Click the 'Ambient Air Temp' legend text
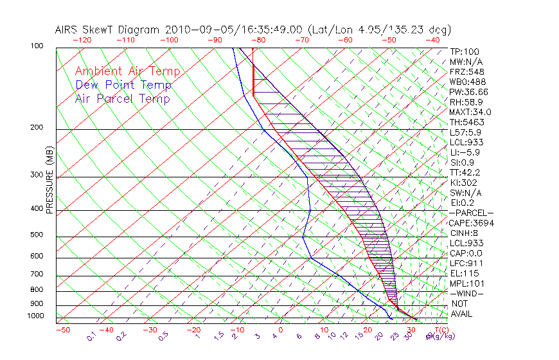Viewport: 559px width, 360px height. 127,71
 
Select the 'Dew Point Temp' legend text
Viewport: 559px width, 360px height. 123,85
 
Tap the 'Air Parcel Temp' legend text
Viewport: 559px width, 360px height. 123,98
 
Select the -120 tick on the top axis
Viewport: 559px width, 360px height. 81,40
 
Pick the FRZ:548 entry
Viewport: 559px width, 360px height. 465,72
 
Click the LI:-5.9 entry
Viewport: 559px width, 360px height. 464,152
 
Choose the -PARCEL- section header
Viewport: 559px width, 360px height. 472,213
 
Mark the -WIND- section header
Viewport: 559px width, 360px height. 467,293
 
